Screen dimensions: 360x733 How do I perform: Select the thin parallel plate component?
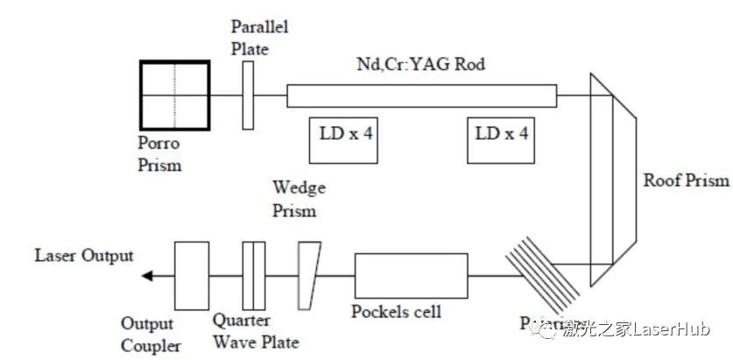click(248, 92)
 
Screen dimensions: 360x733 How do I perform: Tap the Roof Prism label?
click(686, 180)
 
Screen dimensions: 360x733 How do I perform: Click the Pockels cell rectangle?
click(410, 276)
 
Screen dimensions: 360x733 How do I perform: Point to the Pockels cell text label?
click(396, 313)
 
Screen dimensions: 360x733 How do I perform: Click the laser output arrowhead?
click(148, 276)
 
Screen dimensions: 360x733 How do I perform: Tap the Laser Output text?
click(84, 256)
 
